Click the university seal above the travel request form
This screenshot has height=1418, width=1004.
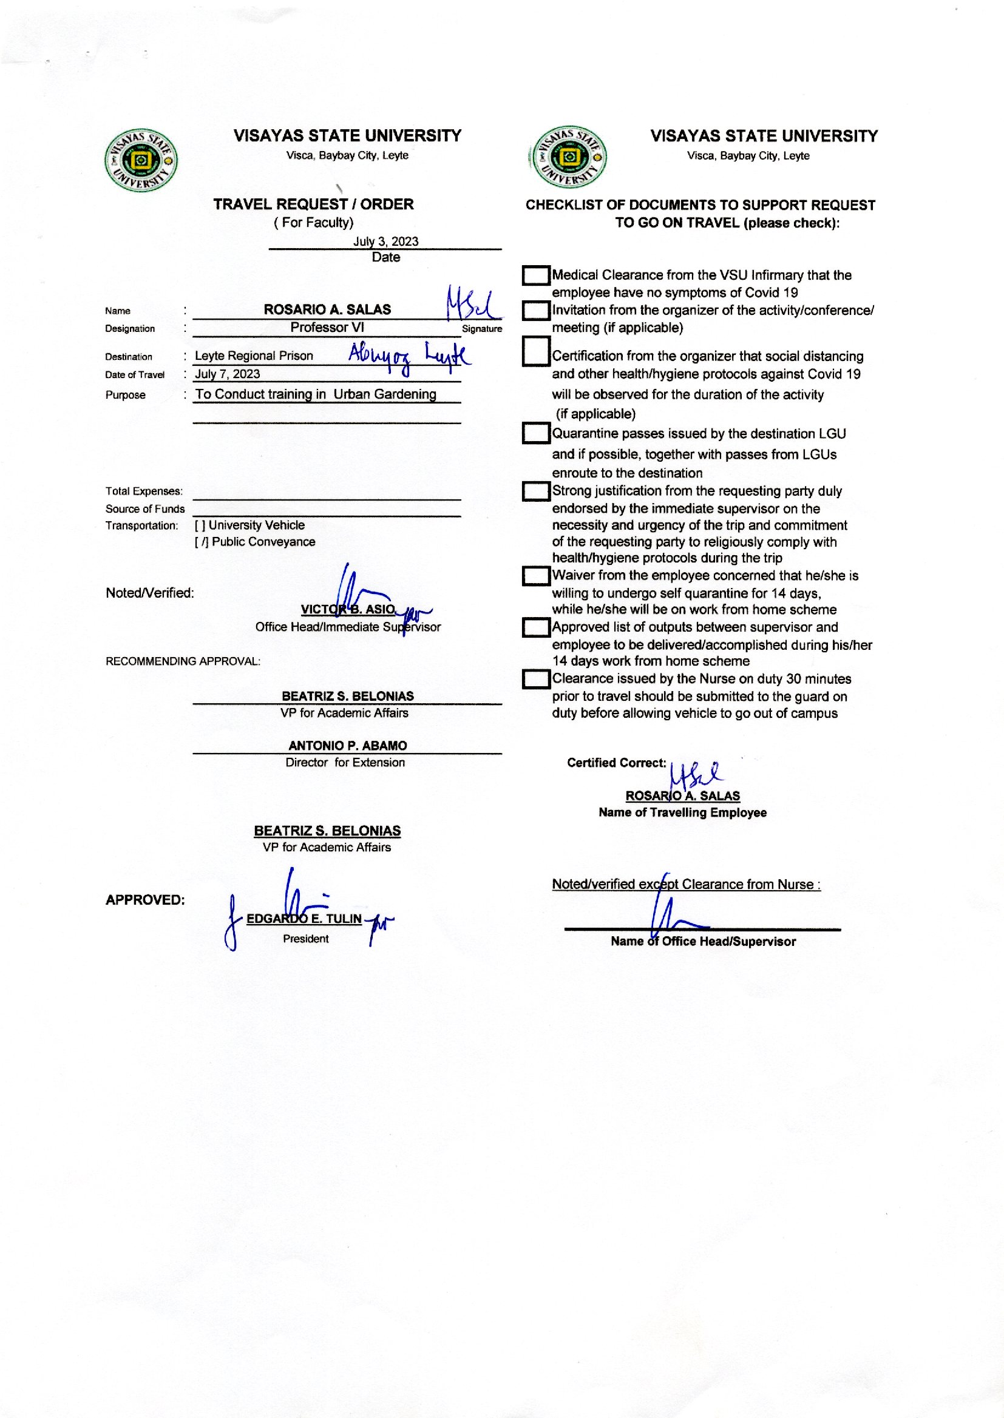click(141, 161)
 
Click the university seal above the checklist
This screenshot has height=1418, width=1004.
click(568, 158)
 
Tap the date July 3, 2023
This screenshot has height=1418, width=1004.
click(386, 241)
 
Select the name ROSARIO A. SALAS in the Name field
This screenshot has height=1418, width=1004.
click(327, 309)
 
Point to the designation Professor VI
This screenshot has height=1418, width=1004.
click(327, 328)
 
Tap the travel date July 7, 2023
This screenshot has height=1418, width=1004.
click(228, 374)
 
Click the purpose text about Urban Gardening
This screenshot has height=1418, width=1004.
click(316, 394)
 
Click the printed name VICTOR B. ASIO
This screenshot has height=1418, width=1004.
click(347, 609)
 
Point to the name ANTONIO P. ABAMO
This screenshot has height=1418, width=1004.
click(347, 746)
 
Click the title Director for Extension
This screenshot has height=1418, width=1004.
click(345, 763)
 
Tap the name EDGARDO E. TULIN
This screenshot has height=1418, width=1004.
click(304, 919)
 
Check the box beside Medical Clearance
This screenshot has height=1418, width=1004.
click(536, 275)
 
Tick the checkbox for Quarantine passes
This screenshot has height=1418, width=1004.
click(536, 433)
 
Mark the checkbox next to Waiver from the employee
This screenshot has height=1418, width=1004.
click(536, 576)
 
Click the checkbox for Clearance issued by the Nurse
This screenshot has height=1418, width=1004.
click(536, 679)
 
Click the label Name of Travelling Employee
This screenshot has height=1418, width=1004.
click(682, 813)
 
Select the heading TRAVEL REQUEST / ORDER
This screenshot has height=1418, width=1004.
click(313, 204)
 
